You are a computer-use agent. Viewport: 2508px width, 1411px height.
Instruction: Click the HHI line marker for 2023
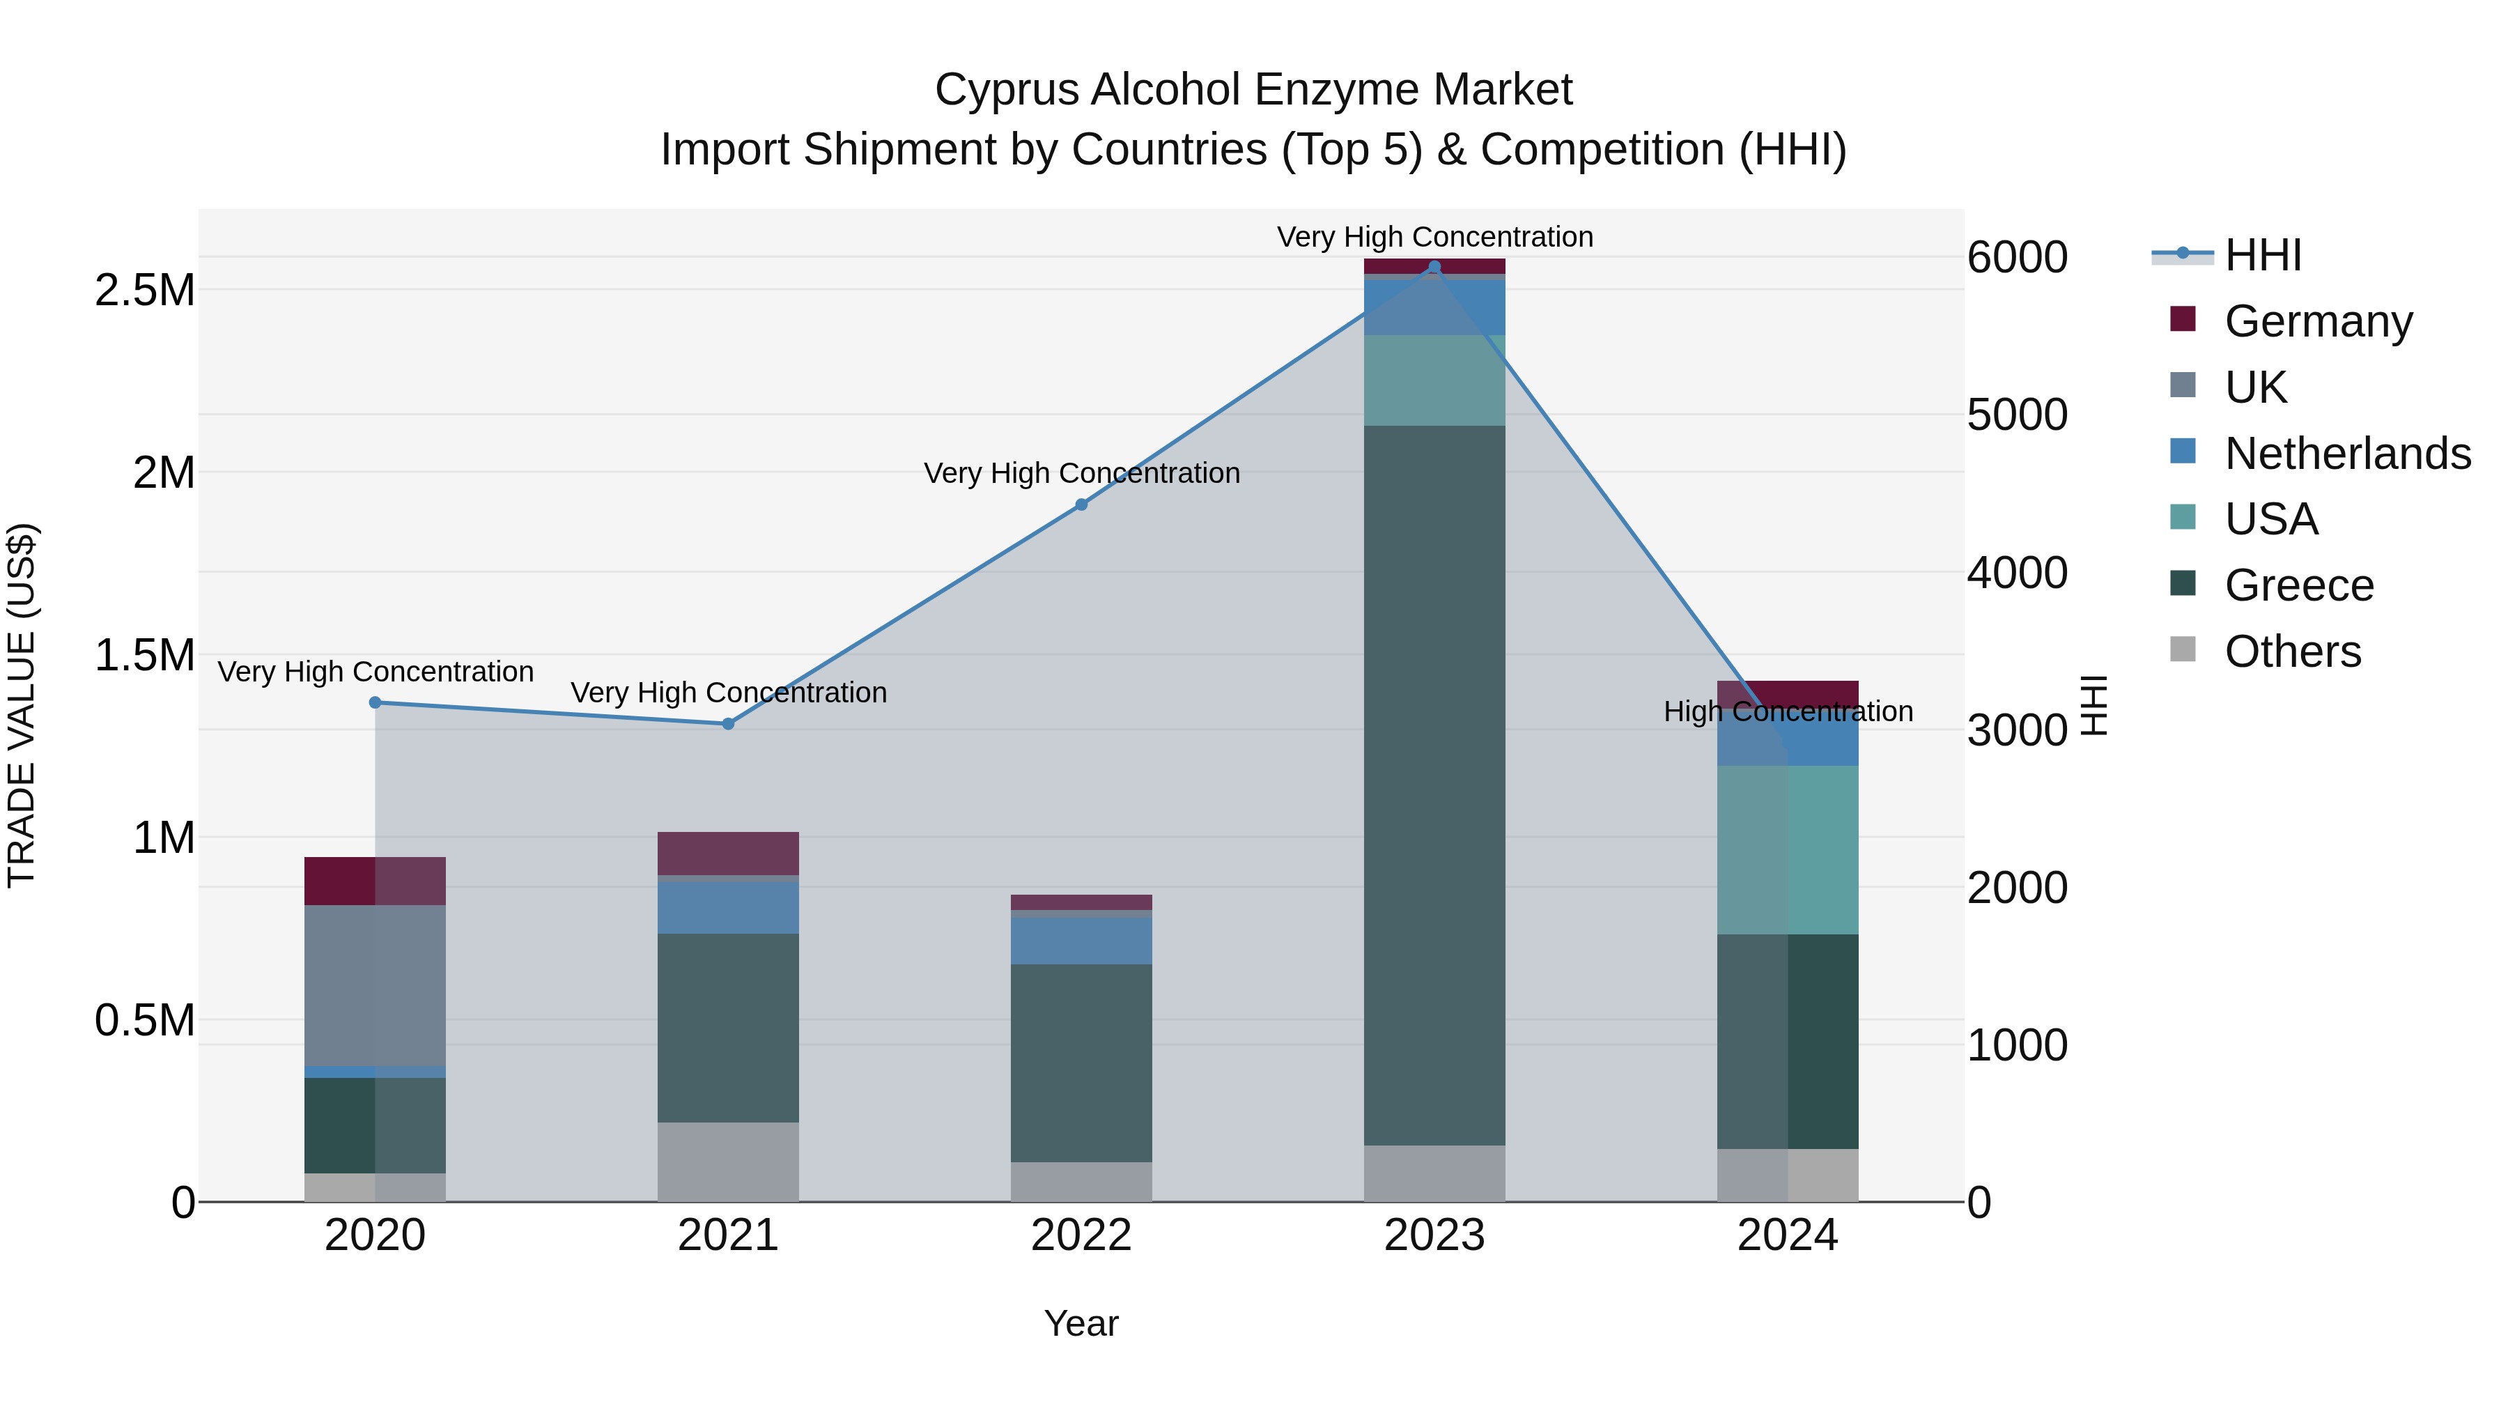pyautogui.click(x=1434, y=267)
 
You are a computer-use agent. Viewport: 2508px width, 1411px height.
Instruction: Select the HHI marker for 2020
pyautogui.click(x=375, y=702)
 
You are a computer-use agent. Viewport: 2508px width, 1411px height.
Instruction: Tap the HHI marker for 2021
pyautogui.click(x=728, y=723)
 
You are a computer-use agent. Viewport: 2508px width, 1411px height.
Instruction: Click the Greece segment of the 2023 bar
pyautogui.click(x=1434, y=784)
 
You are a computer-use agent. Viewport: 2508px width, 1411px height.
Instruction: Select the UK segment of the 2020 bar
pyautogui.click(x=375, y=985)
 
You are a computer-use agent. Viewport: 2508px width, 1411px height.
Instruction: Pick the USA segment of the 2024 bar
pyautogui.click(x=1788, y=849)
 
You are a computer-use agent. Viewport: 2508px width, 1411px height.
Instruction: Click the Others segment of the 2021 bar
pyautogui.click(x=728, y=1162)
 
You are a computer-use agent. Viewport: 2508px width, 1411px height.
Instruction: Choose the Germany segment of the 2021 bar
pyautogui.click(x=728, y=853)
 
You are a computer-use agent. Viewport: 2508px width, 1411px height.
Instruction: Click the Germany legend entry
pyautogui.click(x=2317, y=321)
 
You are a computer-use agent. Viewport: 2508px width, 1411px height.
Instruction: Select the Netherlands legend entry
pyautogui.click(x=2346, y=454)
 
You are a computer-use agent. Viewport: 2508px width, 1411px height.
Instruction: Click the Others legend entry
pyautogui.click(x=2292, y=651)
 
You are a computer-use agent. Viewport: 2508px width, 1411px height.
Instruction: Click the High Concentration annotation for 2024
pyautogui.click(x=1788, y=712)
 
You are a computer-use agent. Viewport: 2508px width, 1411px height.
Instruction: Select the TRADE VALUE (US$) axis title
pyautogui.click(x=22, y=705)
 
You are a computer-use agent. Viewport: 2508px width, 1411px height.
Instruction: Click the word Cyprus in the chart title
pyautogui.click(x=1006, y=90)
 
